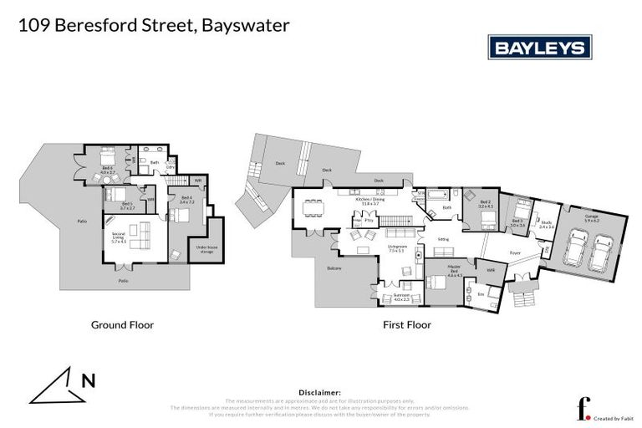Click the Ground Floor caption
point(122,325)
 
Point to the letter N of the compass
point(87,381)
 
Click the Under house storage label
point(206,248)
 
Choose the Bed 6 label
point(107,171)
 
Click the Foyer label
point(516,252)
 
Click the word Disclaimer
point(320,392)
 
